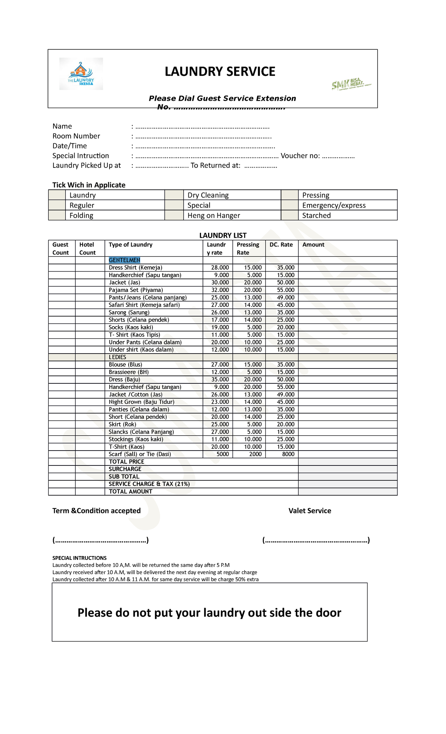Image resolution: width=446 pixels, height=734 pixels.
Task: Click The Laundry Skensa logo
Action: point(81,74)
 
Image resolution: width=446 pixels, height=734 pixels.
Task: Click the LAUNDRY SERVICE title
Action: point(220,71)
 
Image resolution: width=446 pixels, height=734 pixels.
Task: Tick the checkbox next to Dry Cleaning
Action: point(174,195)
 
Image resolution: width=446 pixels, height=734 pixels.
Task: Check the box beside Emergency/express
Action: point(290,205)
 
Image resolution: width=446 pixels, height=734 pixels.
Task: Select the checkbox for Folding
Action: point(57,215)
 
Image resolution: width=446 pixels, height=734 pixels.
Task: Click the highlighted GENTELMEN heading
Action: point(125,260)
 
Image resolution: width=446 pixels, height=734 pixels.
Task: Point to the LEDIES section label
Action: point(117,357)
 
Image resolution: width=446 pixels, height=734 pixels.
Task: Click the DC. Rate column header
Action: point(281,244)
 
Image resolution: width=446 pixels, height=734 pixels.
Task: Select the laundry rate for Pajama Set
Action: point(220,290)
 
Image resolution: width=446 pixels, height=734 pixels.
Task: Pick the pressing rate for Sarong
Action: point(253,312)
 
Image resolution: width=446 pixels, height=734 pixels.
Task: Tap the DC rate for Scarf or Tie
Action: point(288,454)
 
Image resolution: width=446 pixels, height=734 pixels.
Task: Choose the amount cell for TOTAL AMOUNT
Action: point(348,491)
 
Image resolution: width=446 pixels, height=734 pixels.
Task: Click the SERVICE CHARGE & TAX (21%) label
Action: point(149,484)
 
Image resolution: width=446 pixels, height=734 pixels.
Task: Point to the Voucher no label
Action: point(300,156)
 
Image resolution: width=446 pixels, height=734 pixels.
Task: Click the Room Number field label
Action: point(76,136)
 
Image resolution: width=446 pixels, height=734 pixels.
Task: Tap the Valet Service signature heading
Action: point(310,511)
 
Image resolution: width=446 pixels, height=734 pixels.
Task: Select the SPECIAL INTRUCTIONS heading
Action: point(79,558)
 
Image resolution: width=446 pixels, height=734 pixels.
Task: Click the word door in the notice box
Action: point(328,613)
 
